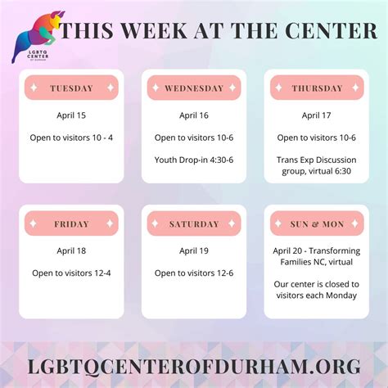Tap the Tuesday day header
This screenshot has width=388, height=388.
click(71, 88)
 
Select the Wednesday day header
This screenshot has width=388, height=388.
click(193, 88)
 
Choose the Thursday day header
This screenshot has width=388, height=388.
click(316, 88)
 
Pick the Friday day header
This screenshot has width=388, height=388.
click(71, 223)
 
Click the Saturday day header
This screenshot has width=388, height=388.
click(193, 223)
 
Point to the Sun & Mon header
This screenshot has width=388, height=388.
click(316, 223)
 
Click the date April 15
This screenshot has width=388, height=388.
click(71, 116)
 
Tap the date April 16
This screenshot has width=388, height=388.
click(194, 116)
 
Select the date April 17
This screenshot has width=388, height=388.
click(316, 116)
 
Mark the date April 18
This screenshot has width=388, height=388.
click(71, 251)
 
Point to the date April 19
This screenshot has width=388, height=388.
click(194, 251)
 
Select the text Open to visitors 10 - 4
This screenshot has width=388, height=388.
click(71, 138)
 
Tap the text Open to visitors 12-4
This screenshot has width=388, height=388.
click(71, 273)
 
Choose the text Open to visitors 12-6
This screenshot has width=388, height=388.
click(194, 273)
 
